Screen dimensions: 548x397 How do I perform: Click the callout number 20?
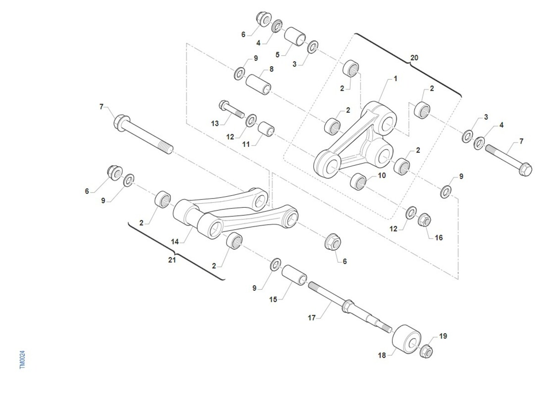[414, 57]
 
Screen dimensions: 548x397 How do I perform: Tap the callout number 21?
[172, 260]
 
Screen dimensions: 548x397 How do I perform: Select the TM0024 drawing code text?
[22, 360]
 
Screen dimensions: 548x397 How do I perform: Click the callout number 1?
[395, 78]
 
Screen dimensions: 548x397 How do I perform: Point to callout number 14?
[174, 242]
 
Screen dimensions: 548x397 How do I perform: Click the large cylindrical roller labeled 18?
[406, 339]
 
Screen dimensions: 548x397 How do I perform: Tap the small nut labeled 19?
[426, 351]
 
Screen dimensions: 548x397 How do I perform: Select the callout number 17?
[311, 318]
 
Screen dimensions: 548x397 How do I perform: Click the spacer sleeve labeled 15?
[294, 275]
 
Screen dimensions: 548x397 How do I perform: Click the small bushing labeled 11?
[266, 129]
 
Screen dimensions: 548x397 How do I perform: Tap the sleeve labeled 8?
[258, 84]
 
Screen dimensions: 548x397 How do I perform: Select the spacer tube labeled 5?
[295, 37]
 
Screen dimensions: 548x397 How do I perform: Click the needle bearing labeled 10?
[358, 182]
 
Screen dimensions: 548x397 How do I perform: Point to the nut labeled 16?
[424, 220]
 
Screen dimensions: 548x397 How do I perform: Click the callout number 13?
[215, 124]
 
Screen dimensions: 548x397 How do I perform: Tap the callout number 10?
[382, 176]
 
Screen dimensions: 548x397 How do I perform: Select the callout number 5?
[277, 55]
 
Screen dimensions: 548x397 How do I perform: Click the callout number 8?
[271, 69]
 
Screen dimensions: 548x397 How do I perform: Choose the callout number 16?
[439, 238]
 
